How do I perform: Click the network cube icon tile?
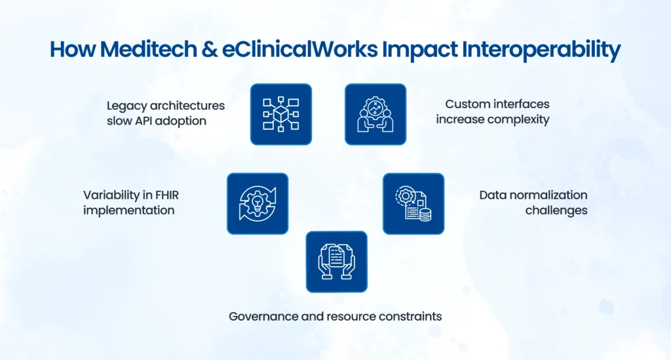click(x=280, y=114)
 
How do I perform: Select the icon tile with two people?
click(x=375, y=114)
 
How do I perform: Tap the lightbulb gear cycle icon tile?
click(x=258, y=203)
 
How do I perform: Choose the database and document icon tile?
click(x=413, y=203)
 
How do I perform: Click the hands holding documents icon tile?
click(x=337, y=261)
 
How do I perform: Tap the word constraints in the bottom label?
click(x=411, y=316)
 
